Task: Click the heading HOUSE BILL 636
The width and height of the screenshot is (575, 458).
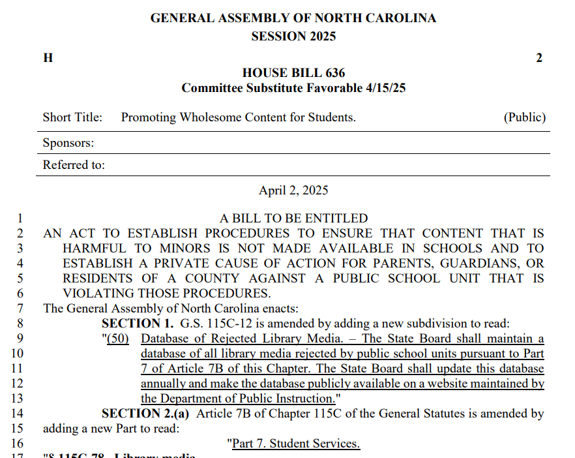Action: pyautogui.click(x=293, y=73)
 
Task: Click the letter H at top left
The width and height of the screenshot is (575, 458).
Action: pyautogui.click(x=48, y=58)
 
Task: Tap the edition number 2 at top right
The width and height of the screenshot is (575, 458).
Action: pyautogui.click(x=539, y=58)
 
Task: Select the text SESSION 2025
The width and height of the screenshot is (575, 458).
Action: pyautogui.click(x=293, y=37)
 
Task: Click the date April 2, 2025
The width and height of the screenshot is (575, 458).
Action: pyautogui.click(x=293, y=191)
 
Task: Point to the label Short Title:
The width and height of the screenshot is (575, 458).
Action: pyautogui.click(x=72, y=117)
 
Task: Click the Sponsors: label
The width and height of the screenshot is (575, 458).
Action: pyautogui.click(x=68, y=143)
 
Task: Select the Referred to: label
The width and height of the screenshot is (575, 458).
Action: pyautogui.click(x=74, y=165)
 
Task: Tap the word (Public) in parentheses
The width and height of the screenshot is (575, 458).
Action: pyautogui.click(x=524, y=117)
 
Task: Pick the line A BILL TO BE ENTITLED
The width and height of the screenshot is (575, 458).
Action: pyautogui.click(x=293, y=219)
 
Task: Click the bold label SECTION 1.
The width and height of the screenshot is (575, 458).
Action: pyautogui.click(x=137, y=323)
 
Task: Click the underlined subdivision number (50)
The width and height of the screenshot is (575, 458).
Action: pyautogui.click(x=119, y=339)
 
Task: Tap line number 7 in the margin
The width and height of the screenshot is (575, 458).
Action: pyautogui.click(x=20, y=308)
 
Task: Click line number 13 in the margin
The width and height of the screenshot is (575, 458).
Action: pyautogui.click(x=17, y=398)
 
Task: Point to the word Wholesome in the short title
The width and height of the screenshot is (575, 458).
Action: pyautogui.click(x=211, y=117)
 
